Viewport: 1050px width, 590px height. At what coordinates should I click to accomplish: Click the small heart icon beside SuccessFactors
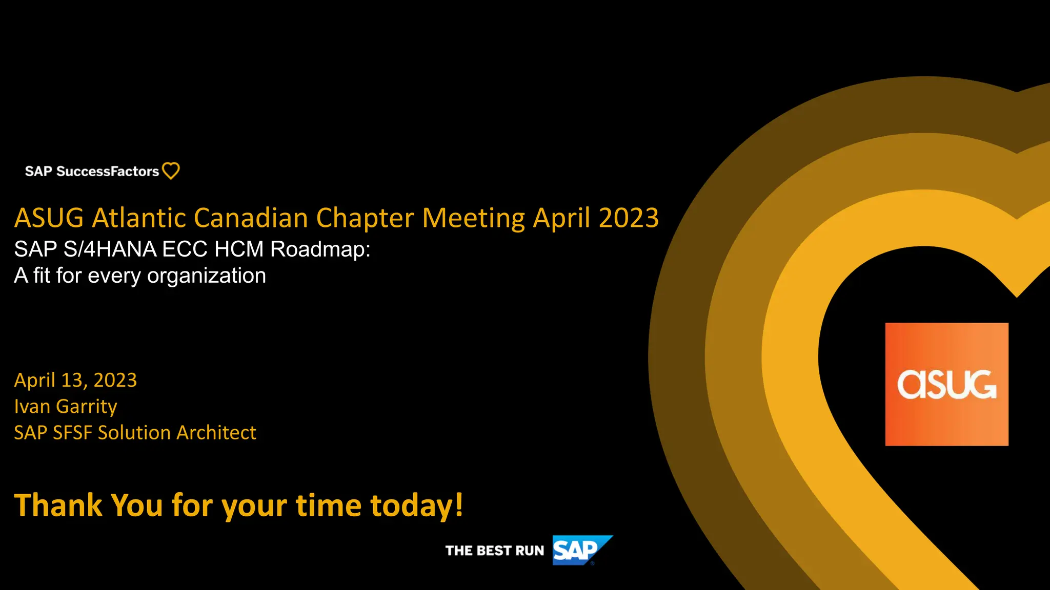[x=171, y=171]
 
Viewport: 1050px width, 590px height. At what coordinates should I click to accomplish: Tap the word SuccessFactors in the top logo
[x=108, y=171]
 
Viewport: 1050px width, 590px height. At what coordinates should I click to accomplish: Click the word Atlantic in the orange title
[x=138, y=218]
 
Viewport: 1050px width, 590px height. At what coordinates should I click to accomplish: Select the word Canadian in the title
[x=251, y=218]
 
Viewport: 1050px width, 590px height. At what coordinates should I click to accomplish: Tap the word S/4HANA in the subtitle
[x=110, y=249]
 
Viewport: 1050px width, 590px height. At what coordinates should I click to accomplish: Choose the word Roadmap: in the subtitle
[x=320, y=249]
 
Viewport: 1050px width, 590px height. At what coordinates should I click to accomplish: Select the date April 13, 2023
[x=75, y=380]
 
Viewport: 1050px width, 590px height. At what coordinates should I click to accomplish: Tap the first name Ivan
[x=32, y=407]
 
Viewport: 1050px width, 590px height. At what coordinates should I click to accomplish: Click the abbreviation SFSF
[x=72, y=433]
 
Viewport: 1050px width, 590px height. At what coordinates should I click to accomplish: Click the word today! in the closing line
[x=416, y=506]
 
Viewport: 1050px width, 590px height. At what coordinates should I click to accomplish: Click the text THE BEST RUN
[x=494, y=551]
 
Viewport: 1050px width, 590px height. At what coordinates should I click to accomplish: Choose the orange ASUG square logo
[x=946, y=384]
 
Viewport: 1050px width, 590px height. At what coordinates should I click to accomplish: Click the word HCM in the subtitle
[x=238, y=249]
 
